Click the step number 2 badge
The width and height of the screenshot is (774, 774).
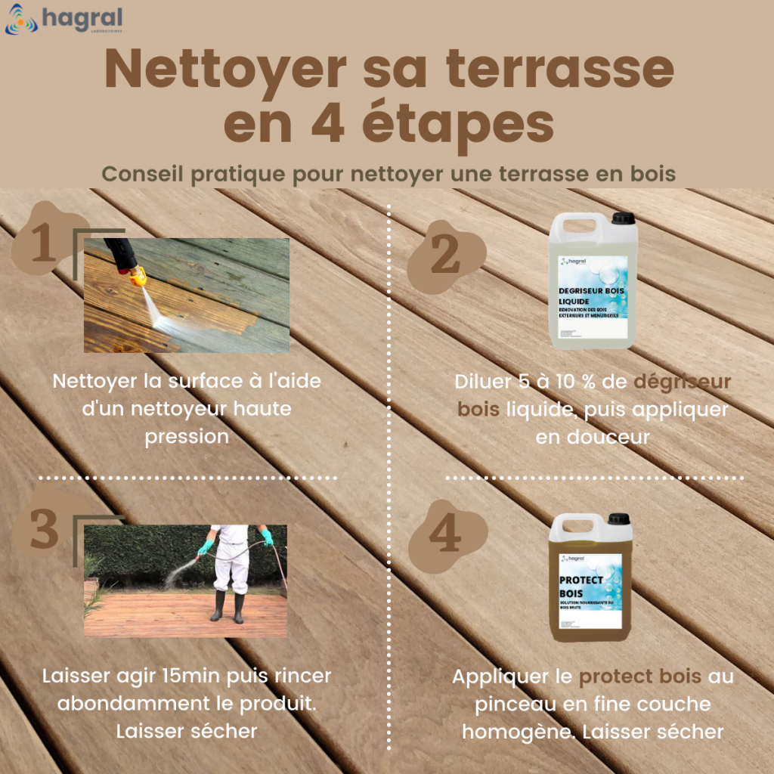pyautogui.click(x=444, y=256)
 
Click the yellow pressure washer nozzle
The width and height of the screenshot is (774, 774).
pyautogui.click(x=138, y=277)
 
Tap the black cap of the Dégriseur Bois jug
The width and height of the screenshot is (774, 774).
pyautogui.click(x=623, y=218)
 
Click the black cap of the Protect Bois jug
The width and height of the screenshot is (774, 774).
pyautogui.click(x=618, y=519)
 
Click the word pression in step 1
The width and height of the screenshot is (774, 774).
pyautogui.click(x=187, y=437)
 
